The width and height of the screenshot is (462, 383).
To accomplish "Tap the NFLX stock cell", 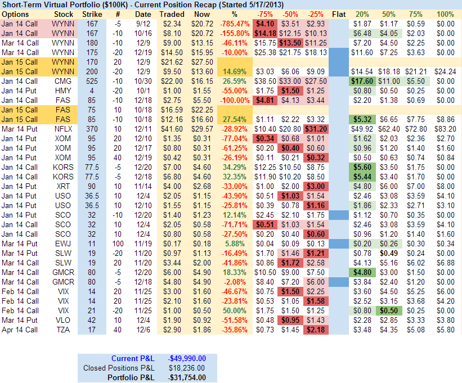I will coord(62,129).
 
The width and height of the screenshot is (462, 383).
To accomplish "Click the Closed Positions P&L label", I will coord(119,368).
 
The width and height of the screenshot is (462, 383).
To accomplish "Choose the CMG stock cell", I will coord(62,81).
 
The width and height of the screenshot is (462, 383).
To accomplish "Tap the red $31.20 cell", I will coord(316,129).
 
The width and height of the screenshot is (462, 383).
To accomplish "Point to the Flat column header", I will coord(339,13).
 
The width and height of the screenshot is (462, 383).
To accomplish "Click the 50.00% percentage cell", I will coord(238,310).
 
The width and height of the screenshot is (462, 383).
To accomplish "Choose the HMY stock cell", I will coord(62,91).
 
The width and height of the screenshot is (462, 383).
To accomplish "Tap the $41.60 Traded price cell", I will coord(172,129).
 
